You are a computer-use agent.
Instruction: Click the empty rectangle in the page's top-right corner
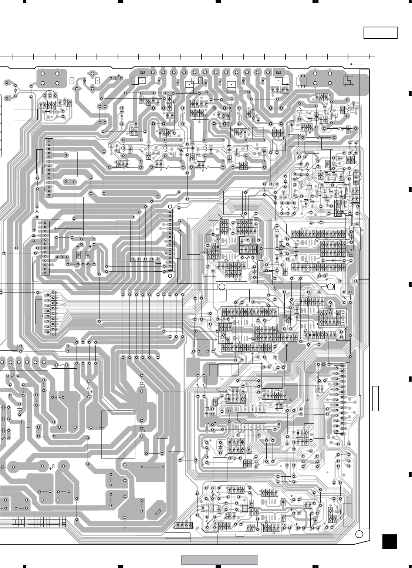(380, 33)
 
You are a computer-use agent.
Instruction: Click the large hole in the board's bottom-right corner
(358, 534)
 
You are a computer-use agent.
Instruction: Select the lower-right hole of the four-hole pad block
(57, 83)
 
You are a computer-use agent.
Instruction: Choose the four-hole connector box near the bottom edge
(184, 525)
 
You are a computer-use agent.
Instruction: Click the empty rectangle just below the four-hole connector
(177, 535)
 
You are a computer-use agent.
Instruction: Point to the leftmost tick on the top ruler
(13, 57)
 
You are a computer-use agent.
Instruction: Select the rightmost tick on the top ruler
(370, 57)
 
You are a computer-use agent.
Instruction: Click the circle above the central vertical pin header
(170, 207)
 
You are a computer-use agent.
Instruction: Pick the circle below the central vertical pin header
(170, 275)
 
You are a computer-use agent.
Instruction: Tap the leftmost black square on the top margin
(24, 1)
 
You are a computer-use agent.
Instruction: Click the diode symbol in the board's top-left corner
(15, 90)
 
